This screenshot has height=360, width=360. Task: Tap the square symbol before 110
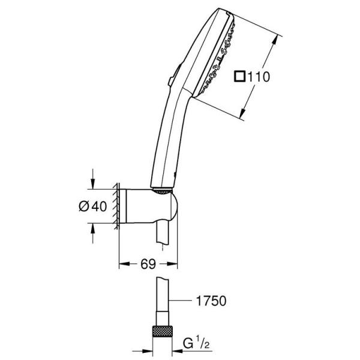[240, 77]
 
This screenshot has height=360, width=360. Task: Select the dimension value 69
[149, 263]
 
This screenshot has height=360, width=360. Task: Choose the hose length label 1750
[211, 300]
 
